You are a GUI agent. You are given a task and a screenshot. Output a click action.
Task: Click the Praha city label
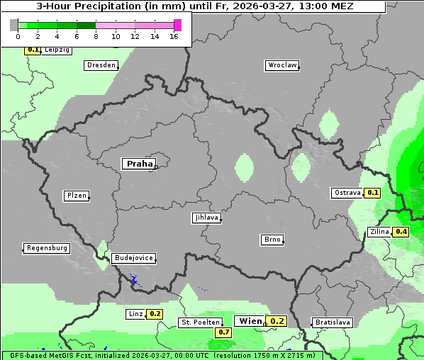click(x=139, y=164)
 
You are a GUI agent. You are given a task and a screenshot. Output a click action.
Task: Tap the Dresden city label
click(x=101, y=65)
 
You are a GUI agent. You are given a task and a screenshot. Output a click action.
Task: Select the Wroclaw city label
click(x=281, y=65)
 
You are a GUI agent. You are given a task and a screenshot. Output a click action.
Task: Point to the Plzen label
click(x=76, y=196)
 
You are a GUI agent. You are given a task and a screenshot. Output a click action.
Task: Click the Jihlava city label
click(x=206, y=218)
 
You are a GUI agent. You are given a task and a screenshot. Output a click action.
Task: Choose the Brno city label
click(x=272, y=240)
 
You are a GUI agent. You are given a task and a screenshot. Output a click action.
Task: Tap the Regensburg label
click(x=47, y=248)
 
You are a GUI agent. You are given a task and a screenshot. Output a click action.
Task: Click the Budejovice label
click(x=133, y=259)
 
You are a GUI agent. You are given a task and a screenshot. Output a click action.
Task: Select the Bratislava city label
click(x=333, y=322)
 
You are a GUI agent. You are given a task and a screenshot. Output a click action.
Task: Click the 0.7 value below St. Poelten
click(x=224, y=332)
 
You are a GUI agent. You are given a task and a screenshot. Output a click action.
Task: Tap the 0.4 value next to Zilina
click(x=401, y=232)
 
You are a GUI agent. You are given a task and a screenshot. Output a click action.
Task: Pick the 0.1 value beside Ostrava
click(x=373, y=193)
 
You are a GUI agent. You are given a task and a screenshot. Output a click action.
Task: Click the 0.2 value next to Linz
click(x=155, y=314)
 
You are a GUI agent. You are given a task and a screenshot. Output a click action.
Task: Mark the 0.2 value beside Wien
click(x=277, y=321)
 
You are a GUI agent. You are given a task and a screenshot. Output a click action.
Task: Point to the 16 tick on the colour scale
click(x=174, y=36)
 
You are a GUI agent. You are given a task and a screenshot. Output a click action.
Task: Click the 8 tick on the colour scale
click(x=96, y=36)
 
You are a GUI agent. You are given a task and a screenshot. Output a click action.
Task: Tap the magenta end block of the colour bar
click(x=177, y=25)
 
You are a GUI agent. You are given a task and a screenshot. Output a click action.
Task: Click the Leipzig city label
click(x=57, y=50)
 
